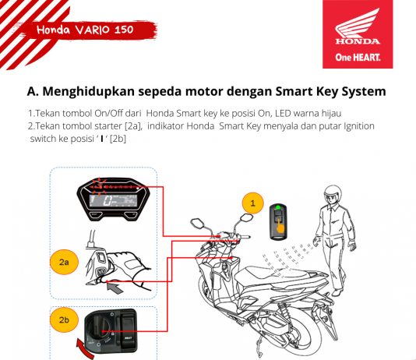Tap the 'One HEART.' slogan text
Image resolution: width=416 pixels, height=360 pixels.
coord(358,57)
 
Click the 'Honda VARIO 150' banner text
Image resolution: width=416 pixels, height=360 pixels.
coord(85,30)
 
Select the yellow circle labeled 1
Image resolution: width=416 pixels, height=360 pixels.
coord(253,203)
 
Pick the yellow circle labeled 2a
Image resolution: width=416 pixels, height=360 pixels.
coord(64,262)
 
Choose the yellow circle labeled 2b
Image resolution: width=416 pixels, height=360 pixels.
coord(64,319)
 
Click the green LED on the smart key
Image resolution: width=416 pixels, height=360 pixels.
coord(278,207)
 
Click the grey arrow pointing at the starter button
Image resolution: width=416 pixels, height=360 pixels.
coord(115,288)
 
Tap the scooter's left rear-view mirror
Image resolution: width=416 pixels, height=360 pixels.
coord(197,222)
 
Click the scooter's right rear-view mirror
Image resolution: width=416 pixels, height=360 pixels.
coord(246,218)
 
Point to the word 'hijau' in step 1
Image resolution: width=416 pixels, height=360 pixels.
coord(331,114)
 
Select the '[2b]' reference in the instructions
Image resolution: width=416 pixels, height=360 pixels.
coord(118,139)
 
